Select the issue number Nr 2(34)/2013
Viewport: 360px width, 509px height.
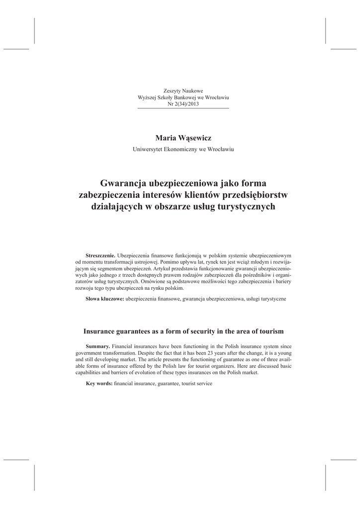[183, 104]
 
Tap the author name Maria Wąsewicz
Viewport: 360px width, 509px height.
[183, 137]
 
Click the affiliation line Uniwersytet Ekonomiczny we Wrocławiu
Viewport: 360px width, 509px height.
[183, 149]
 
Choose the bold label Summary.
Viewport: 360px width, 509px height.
[98, 345]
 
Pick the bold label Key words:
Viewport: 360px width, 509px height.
[99, 384]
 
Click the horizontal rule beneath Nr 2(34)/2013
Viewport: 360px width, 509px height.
[183, 108]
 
